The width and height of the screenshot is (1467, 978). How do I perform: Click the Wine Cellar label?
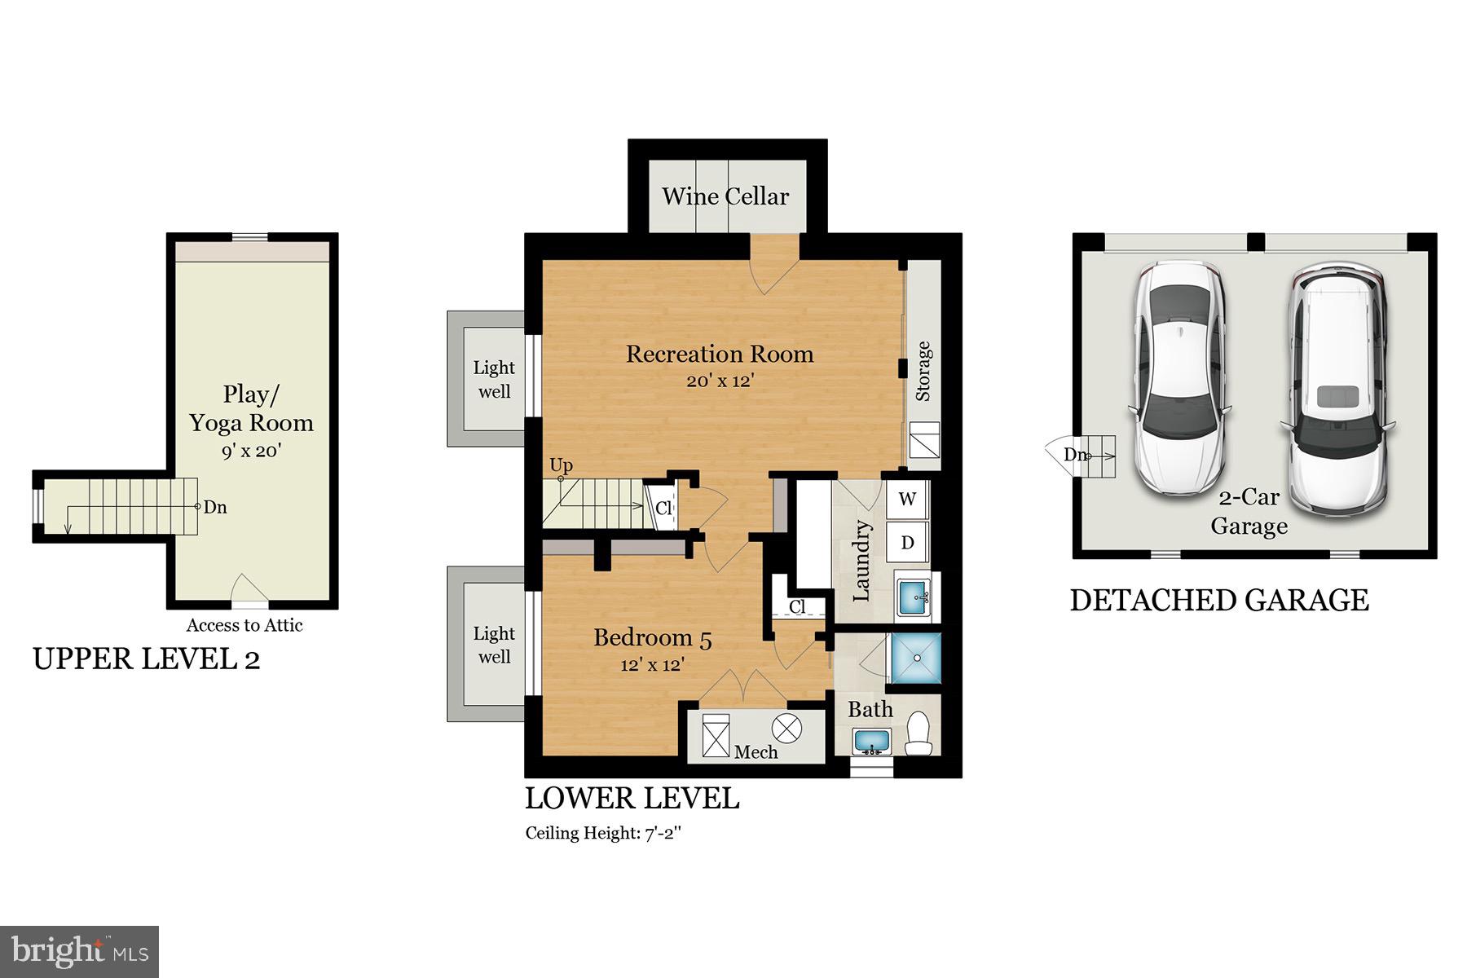(725, 196)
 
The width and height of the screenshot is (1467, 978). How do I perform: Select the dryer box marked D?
(907, 543)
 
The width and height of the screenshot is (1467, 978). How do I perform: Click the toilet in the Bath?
(919, 733)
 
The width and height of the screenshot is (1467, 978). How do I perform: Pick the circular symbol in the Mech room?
(786, 728)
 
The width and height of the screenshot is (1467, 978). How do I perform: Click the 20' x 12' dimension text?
(720, 381)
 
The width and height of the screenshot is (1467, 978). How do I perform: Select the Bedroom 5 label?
(652, 637)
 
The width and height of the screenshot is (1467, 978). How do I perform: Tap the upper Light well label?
(494, 379)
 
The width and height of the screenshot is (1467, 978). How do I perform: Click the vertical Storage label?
(923, 371)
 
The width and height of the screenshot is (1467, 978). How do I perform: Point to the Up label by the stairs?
(561, 465)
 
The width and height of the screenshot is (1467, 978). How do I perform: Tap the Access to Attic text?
(244, 625)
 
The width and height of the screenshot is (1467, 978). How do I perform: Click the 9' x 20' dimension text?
(252, 451)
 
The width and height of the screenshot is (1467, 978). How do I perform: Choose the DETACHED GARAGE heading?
(1218, 601)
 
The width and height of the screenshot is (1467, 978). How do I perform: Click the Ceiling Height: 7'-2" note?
(602, 833)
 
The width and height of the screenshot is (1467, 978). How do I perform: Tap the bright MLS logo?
(79, 951)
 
